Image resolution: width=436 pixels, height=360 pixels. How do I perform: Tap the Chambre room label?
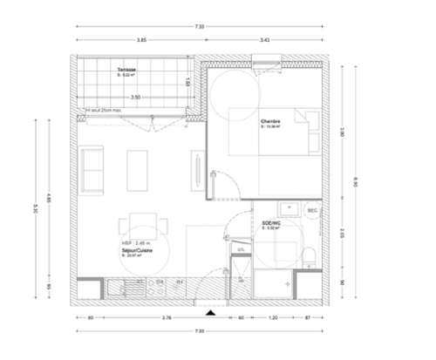pos(269,121)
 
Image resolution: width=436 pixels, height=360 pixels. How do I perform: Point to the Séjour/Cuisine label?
pos(137,249)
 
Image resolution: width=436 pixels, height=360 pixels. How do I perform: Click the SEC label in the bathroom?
pos(311,211)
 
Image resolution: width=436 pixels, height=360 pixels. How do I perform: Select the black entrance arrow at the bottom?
pos(209,311)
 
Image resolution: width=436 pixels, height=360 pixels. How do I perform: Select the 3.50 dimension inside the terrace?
pos(135,98)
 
